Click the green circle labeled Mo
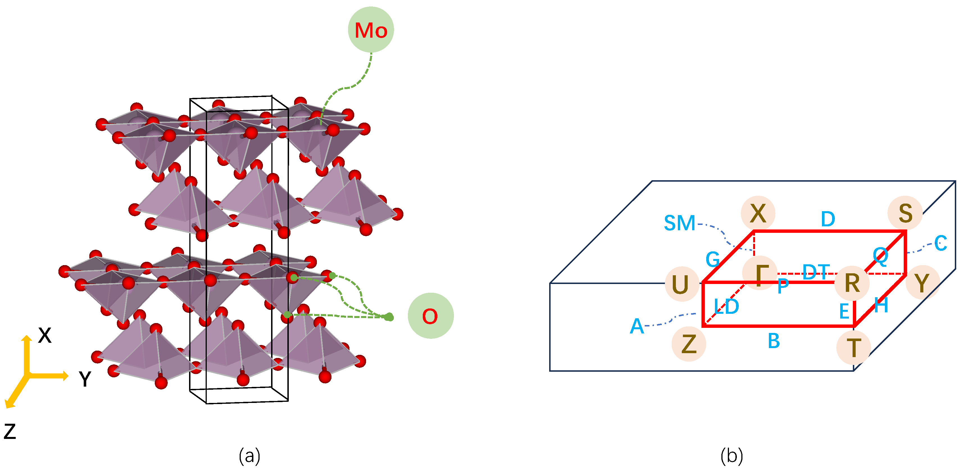[x=371, y=30]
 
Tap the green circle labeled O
[x=431, y=316]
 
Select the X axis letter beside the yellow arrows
[x=45, y=335]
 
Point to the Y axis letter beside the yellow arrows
[x=85, y=379]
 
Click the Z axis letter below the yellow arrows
[x=10, y=431]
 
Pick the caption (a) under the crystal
[x=249, y=456]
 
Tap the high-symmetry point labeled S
[x=905, y=213]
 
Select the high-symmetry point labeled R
[x=852, y=283]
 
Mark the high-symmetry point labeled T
[x=854, y=348]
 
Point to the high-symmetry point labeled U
[x=680, y=284]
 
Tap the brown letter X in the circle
[x=758, y=213]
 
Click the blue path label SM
[x=680, y=223]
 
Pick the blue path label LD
[x=726, y=306]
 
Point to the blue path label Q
[x=880, y=256]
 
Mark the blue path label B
[x=774, y=341]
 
